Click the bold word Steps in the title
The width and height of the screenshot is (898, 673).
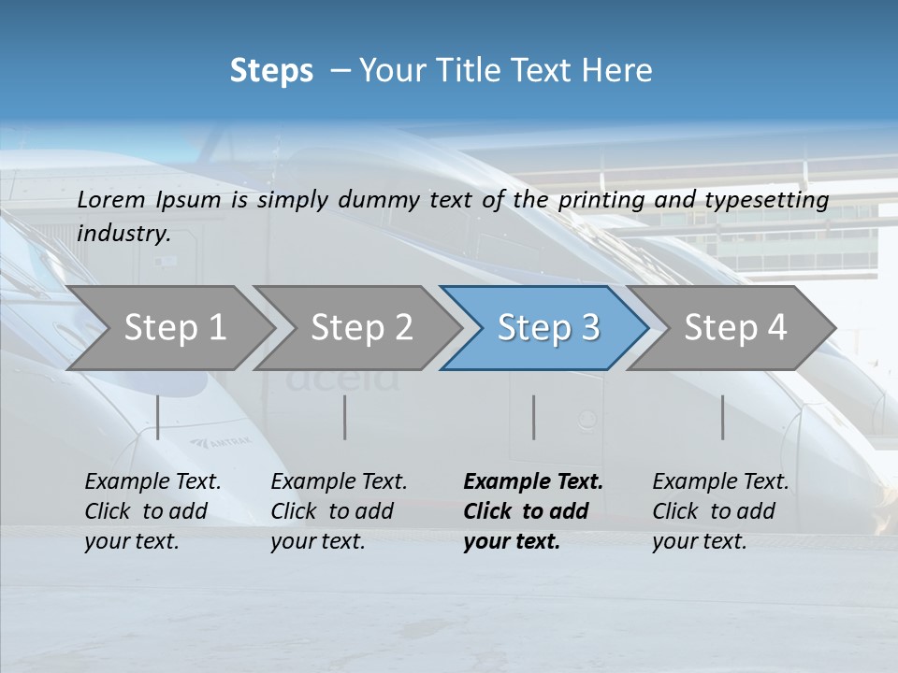coord(271,71)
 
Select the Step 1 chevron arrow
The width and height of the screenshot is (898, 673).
coord(173,328)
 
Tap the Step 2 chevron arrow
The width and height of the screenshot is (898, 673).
coord(361,328)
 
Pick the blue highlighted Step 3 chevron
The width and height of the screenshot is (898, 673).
coord(547,328)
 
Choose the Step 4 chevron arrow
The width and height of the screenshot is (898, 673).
coord(735,328)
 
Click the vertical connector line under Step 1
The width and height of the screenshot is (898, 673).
coord(158,417)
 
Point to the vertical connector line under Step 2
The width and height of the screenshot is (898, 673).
coord(345,417)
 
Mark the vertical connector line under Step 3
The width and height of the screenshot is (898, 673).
coord(534,417)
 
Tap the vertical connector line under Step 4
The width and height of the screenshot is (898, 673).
coord(723,417)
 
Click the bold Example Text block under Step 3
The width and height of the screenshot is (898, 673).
coord(533,511)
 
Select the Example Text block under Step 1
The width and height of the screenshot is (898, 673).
coord(152,511)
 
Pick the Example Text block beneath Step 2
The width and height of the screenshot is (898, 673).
coord(339,511)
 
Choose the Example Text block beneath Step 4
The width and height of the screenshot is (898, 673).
coord(720,511)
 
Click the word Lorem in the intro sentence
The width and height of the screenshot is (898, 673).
coord(111,199)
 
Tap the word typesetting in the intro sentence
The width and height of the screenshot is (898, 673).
coord(775,200)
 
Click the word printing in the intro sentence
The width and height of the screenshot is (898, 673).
coord(601,200)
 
